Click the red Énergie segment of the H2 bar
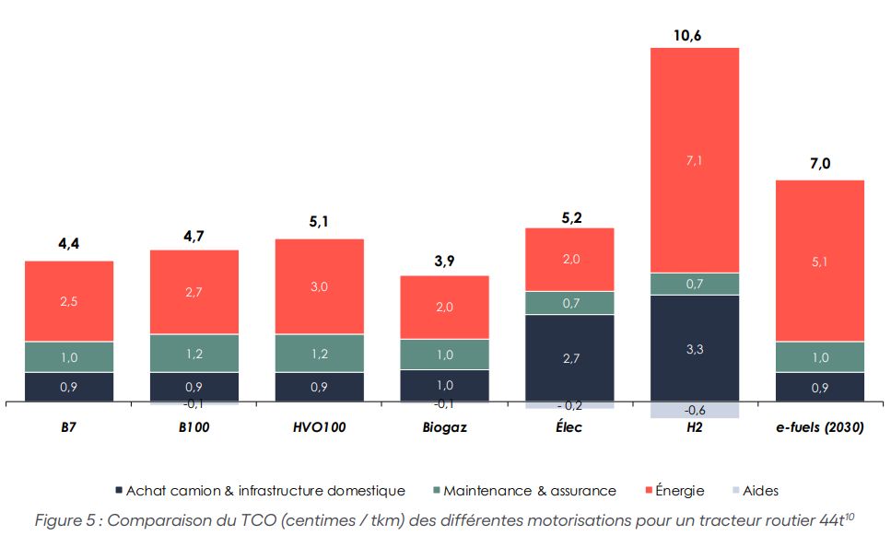click(695, 159)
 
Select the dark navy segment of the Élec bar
click(569, 357)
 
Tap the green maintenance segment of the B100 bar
click(194, 353)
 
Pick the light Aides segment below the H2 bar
click(695, 410)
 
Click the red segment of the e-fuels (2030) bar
click(820, 261)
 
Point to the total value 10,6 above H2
click(695, 35)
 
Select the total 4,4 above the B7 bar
click(69, 245)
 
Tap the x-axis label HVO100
click(319, 427)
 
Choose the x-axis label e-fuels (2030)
click(820, 427)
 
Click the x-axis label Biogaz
click(444, 427)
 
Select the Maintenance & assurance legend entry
click(522, 491)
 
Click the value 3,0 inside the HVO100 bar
click(319, 286)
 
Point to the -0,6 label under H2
click(695, 411)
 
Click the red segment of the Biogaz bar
click(444, 307)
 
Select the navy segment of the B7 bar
click(69, 387)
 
